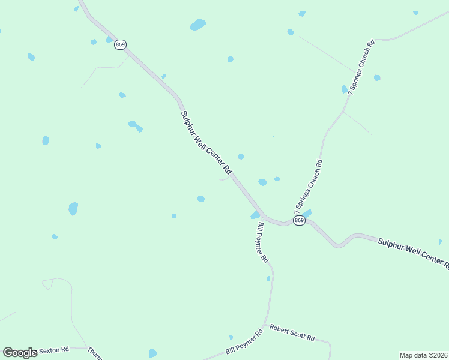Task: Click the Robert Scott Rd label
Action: [x=292, y=333]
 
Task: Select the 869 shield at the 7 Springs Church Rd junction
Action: [x=299, y=221]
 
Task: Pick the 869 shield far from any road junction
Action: [x=120, y=45]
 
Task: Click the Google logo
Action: [x=20, y=352]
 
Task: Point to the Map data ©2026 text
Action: [x=423, y=355]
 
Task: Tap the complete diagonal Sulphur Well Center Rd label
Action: [x=206, y=142]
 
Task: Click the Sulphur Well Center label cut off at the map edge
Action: [x=413, y=251]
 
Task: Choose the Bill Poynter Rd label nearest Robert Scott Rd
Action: [x=244, y=342]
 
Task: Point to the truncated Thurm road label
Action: [x=95, y=352]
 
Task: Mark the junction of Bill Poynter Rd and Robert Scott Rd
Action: [x=264, y=325]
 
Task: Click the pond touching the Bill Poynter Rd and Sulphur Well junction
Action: [x=255, y=215]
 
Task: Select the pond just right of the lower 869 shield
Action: [x=307, y=214]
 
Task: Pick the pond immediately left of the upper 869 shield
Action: [x=109, y=40]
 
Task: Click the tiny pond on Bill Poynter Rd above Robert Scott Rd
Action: [x=268, y=278]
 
